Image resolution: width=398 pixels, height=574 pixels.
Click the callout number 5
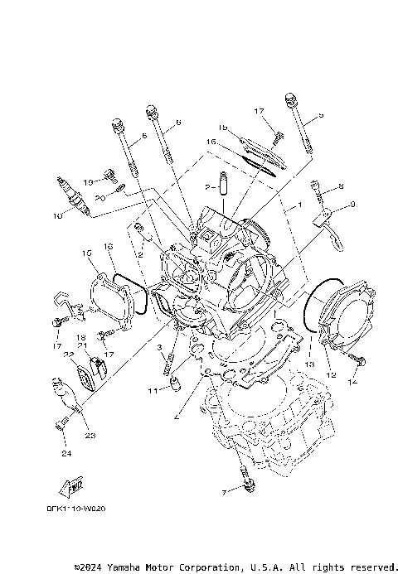click(321, 115)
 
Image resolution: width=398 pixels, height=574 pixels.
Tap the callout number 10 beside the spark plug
click(57, 216)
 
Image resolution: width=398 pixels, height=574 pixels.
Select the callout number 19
click(87, 182)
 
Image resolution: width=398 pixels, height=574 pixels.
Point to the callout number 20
click(99, 198)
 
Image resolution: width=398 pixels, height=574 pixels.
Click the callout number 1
click(299, 203)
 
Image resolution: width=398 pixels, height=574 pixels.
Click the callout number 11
click(153, 390)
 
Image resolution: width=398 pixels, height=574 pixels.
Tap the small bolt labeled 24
click(61, 425)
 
